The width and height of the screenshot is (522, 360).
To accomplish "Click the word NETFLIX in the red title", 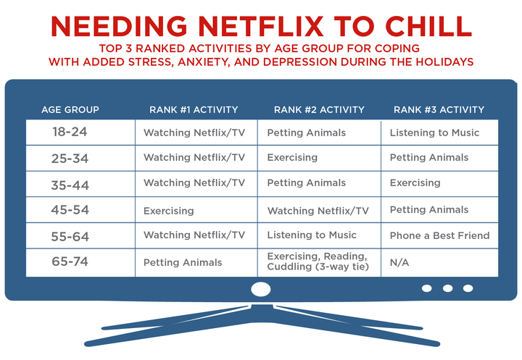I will click(x=246, y=26).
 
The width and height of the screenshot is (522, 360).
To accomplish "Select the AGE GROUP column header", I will click(x=70, y=110).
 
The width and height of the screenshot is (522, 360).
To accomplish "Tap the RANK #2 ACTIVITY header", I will click(x=318, y=110).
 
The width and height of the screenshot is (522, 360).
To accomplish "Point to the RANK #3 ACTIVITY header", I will click(x=439, y=110).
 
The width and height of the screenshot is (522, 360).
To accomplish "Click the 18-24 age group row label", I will click(x=70, y=133).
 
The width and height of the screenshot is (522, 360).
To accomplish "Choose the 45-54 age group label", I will click(x=70, y=211).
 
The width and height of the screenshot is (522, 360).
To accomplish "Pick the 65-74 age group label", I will click(x=70, y=262).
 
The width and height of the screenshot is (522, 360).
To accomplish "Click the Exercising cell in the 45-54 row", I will click(x=169, y=211).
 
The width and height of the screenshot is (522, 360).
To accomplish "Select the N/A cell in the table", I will click(x=399, y=262).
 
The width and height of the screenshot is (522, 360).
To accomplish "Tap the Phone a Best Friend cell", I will click(x=439, y=235).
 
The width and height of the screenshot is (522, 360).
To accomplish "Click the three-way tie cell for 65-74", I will click(x=318, y=262).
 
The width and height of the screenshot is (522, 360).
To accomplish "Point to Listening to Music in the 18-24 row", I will click(x=434, y=133).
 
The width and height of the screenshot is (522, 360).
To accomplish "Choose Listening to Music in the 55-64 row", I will click(x=312, y=235).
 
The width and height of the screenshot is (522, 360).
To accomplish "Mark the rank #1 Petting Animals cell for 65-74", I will click(x=183, y=262).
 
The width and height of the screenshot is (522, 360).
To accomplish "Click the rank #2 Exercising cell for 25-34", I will click(x=292, y=158).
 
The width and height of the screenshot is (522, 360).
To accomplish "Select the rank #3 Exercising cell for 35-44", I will click(x=415, y=183).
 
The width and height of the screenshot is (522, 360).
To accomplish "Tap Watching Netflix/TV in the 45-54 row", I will click(x=318, y=211).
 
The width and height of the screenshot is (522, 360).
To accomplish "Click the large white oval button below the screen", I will click(x=260, y=288).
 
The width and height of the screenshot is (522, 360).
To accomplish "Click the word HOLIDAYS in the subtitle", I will click(x=442, y=62).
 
